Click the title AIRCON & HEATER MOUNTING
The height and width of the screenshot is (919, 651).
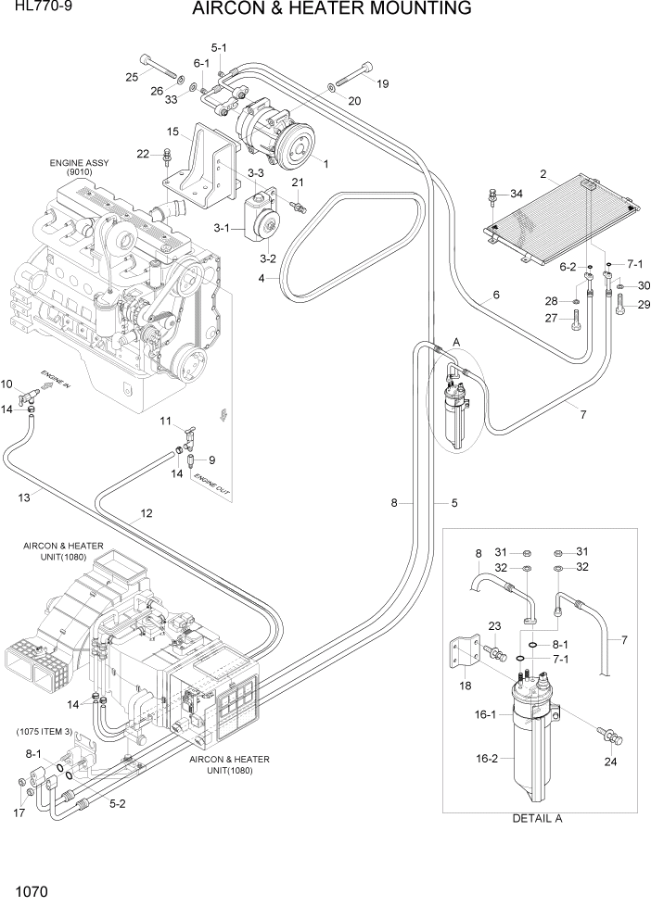pos(331,10)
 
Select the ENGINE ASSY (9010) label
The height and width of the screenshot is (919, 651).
pos(79,168)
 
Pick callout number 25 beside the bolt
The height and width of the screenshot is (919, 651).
pos(132,77)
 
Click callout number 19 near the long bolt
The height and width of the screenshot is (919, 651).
pos(381,83)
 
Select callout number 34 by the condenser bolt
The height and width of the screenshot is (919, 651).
pos(516,195)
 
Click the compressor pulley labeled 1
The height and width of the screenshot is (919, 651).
pos(299,146)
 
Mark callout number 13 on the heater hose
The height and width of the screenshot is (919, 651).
pos(24,497)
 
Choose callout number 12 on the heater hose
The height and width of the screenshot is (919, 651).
pos(147,513)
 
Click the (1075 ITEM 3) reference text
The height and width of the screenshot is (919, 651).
pos(45,732)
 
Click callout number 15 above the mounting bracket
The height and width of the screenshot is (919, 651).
pos(172,132)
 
